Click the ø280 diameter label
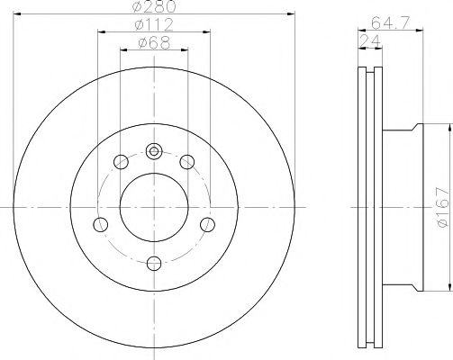click(x=153, y=7)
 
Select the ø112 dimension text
click(x=153, y=24)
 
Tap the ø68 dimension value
click(x=153, y=42)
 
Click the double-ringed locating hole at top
click(x=154, y=151)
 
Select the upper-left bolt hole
click(x=121, y=163)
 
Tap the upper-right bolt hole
click(x=187, y=163)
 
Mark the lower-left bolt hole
click(x=101, y=222)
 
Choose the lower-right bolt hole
click(x=207, y=222)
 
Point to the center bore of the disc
click(x=154, y=207)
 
